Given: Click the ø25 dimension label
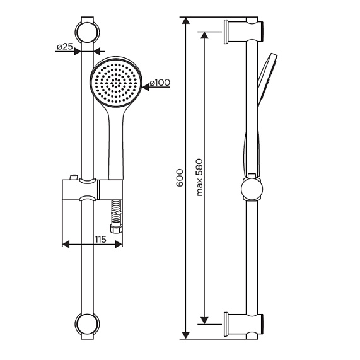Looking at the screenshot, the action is (x=65, y=47).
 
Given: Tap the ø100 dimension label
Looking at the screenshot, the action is (x=160, y=83).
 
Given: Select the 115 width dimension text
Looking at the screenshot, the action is (x=101, y=240).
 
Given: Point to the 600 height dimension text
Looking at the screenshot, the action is (x=180, y=178).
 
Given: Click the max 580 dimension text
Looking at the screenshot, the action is (x=199, y=177).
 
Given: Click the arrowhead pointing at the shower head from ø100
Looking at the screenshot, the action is (x=146, y=87).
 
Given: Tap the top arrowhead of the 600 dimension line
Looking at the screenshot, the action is (x=186, y=20).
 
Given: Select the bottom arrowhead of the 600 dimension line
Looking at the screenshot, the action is (x=186, y=335).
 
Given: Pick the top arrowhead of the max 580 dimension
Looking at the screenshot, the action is (x=204, y=35).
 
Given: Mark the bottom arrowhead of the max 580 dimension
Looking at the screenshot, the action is (x=204, y=320).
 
